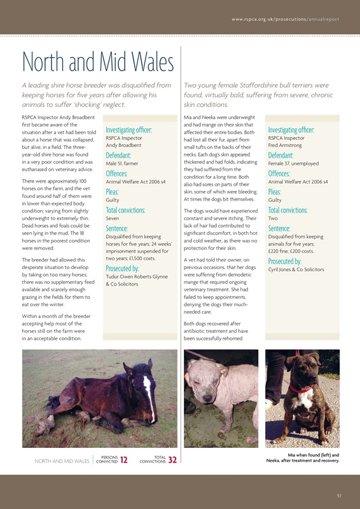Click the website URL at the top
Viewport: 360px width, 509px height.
[285, 19]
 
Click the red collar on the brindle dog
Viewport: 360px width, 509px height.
[301, 388]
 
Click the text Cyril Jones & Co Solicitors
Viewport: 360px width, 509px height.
[296, 270]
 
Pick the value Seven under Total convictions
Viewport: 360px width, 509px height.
[113, 218]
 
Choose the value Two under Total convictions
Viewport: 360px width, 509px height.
[274, 218]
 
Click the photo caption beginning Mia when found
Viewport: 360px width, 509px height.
[305, 458]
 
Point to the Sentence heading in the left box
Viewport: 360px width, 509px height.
[117, 228]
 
